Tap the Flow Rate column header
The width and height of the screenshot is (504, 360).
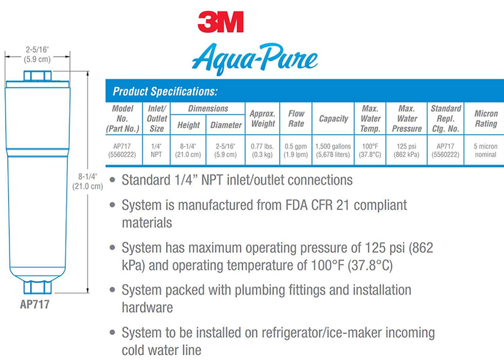[x=296, y=119]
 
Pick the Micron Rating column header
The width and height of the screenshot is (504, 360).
[x=485, y=119]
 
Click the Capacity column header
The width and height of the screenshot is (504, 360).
[x=333, y=119]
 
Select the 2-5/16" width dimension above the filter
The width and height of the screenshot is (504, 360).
[x=37, y=52]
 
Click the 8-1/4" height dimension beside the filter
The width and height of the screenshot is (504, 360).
[x=88, y=182]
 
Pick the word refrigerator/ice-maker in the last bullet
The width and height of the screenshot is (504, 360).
[x=323, y=332]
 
